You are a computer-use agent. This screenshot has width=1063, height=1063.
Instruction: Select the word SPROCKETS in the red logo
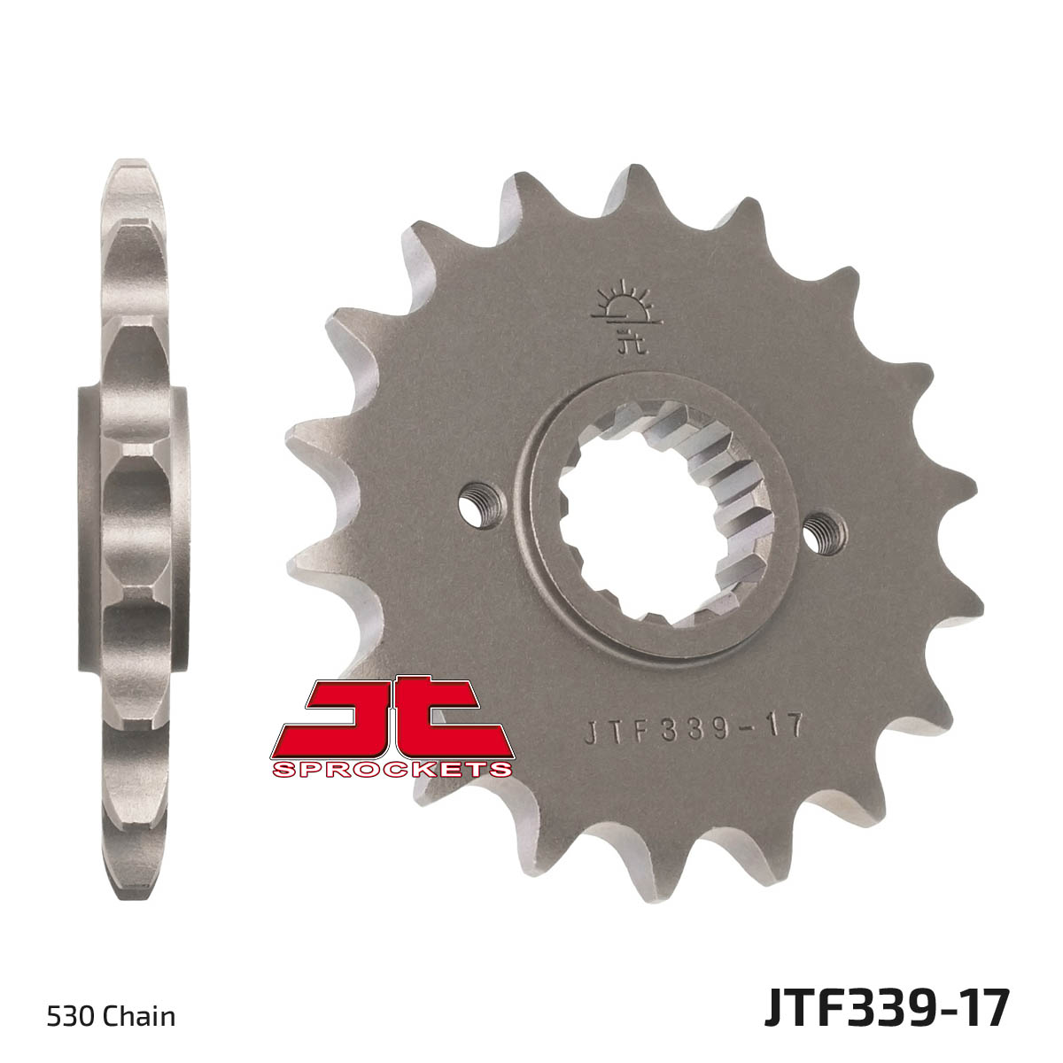click(x=392, y=768)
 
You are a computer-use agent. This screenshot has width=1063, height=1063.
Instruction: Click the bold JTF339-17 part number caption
click(x=887, y=1007)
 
